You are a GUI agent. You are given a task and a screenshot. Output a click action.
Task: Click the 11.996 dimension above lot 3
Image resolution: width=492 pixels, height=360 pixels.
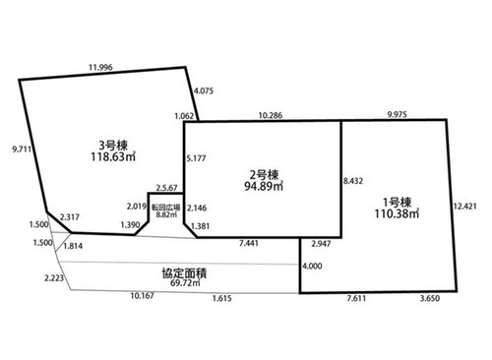pos(100,67)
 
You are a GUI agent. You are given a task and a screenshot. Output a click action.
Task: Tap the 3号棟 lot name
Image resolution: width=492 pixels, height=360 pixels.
pos(113,146)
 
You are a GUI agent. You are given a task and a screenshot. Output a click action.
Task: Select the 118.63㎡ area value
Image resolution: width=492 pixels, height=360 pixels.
pos(113,156)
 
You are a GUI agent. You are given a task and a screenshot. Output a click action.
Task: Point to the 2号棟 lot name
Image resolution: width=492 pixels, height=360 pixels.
pos(264,175)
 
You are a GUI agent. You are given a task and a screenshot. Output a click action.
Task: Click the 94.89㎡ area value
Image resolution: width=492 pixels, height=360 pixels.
pos(264,186)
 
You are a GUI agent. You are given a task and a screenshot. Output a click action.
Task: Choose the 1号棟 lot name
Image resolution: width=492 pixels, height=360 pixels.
pos(397,202)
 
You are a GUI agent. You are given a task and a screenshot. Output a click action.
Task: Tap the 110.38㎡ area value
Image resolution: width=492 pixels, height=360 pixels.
pos(397,213)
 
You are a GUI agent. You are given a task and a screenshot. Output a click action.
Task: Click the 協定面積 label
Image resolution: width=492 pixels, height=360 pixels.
pos(185,273)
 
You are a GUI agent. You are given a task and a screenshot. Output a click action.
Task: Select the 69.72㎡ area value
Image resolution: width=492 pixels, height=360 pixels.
pos(185,282)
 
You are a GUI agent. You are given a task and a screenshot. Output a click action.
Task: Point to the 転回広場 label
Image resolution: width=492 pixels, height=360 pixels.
pos(166,208)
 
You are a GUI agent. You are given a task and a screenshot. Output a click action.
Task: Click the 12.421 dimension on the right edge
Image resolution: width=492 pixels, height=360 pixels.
pos(464,207)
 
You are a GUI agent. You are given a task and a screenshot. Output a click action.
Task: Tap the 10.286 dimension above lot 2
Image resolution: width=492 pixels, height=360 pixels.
pos(271,115)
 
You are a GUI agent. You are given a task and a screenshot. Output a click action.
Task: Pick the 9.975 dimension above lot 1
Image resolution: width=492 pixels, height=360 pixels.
pos(397,114)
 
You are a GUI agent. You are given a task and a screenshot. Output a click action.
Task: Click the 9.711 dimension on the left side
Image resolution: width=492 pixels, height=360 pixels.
pos(22,150)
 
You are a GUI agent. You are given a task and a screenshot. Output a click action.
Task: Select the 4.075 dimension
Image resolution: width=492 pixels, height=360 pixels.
pos(204,90)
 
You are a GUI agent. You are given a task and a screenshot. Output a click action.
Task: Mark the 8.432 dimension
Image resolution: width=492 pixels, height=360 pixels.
pos(353,181)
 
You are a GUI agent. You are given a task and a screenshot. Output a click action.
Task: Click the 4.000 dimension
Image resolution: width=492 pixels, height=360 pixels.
pos(312,266)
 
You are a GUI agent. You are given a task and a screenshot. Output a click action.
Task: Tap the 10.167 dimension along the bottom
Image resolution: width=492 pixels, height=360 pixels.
pos(142,296)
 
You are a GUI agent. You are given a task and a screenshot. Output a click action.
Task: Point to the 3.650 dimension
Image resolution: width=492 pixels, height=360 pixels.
pos(430,298)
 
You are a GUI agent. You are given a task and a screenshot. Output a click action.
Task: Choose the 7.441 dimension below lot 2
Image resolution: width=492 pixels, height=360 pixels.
pos(248,243)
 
